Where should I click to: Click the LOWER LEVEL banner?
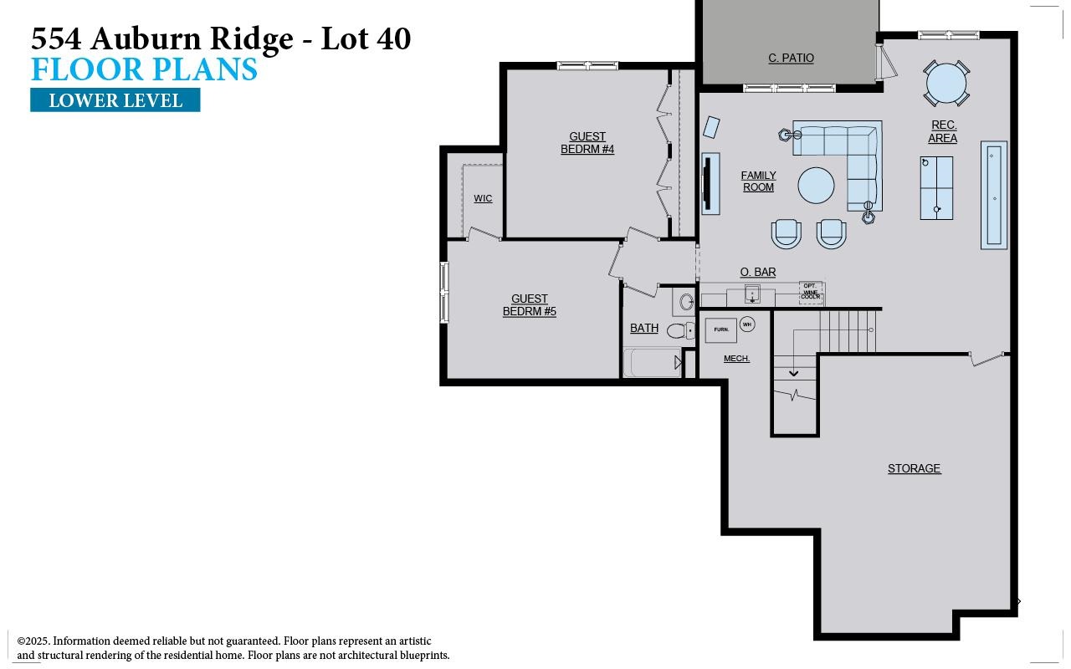pyautogui.click(x=115, y=100)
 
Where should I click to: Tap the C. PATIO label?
pyautogui.click(x=791, y=58)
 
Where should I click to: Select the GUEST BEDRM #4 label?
pyautogui.click(x=587, y=143)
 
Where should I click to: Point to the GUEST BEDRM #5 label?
pyautogui.click(x=529, y=305)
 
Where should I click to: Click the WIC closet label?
pyautogui.click(x=483, y=198)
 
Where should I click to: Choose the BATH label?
pyautogui.click(x=644, y=328)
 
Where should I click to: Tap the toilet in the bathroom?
pyautogui.click(x=679, y=330)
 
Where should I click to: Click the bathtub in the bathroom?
pyautogui.click(x=653, y=363)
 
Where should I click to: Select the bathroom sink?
pyautogui.click(x=686, y=302)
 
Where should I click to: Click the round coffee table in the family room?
pyautogui.click(x=816, y=186)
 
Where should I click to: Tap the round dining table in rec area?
pyautogui.click(x=946, y=83)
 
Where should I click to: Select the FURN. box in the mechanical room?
pyautogui.click(x=720, y=329)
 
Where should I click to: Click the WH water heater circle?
pyautogui.click(x=747, y=324)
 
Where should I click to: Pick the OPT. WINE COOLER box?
pyautogui.click(x=811, y=292)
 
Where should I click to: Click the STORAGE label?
pyautogui.click(x=914, y=468)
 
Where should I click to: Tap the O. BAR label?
pyautogui.click(x=757, y=272)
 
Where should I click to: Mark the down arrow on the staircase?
pyautogui.click(x=793, y=373)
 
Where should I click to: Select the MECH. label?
pyautogui.click(x=736, y=358)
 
